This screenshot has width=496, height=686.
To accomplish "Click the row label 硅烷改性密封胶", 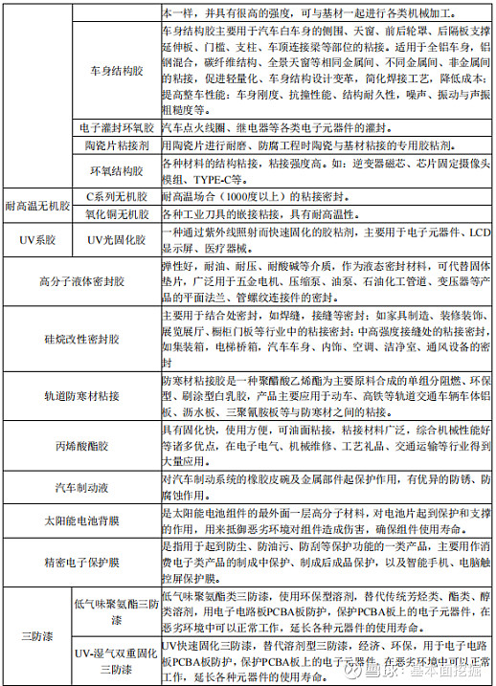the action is coord(79,339).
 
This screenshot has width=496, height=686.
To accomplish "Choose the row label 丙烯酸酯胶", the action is coord(79,445).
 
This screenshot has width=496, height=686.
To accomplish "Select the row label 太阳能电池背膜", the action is coord(79,521).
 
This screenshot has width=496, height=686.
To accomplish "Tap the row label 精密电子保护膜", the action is coord(79,564).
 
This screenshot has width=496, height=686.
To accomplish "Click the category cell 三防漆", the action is coord(37,635).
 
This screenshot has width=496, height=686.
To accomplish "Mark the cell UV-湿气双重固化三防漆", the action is coord(115,661).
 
